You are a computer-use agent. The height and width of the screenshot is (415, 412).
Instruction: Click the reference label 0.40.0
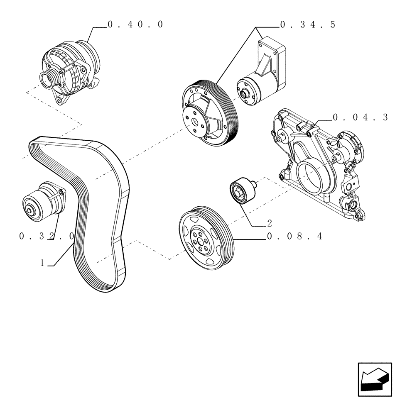[135, 24]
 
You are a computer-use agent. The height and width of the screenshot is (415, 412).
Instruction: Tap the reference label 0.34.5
[307, 25]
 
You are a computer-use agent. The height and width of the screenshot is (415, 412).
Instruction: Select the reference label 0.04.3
[360, 117]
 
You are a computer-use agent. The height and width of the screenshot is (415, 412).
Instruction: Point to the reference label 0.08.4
[294, 237]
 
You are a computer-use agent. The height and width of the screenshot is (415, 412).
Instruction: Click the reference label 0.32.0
[47, 236]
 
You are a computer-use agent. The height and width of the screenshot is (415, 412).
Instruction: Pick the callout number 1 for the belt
[42, 263]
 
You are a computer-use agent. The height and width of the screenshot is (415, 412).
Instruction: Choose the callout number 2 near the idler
[270, 224]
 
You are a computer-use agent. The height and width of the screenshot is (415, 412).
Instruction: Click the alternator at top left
[71, 71]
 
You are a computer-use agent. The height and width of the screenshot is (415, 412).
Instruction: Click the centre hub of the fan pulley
[194, 122]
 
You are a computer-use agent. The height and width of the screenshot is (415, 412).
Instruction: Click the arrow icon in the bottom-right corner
[375, 377]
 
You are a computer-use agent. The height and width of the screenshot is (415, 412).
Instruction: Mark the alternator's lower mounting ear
[59, 100]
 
